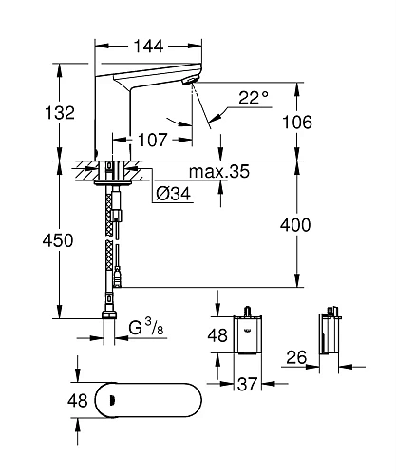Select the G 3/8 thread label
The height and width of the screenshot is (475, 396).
click(146, 330)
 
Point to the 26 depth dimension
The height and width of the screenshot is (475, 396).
click(295, 358)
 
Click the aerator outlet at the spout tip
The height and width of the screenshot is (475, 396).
click(191, 84)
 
